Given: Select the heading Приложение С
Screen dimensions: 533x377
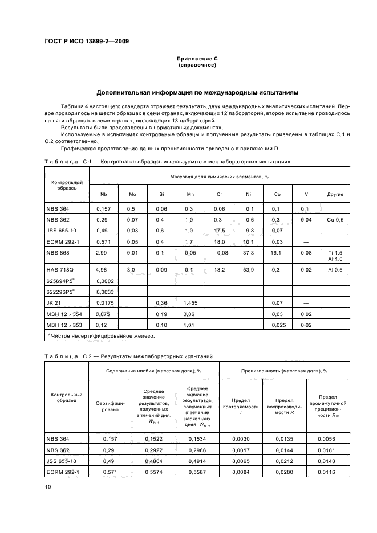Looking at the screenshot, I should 197,59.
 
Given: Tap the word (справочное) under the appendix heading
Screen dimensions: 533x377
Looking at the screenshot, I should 197,65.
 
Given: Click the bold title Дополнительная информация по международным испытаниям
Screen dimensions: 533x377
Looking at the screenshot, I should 197,92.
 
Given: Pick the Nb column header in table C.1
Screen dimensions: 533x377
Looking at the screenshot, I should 103,194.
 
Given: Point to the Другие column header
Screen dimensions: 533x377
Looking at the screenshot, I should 335,194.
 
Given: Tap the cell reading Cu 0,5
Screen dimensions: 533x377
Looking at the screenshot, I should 335,219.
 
